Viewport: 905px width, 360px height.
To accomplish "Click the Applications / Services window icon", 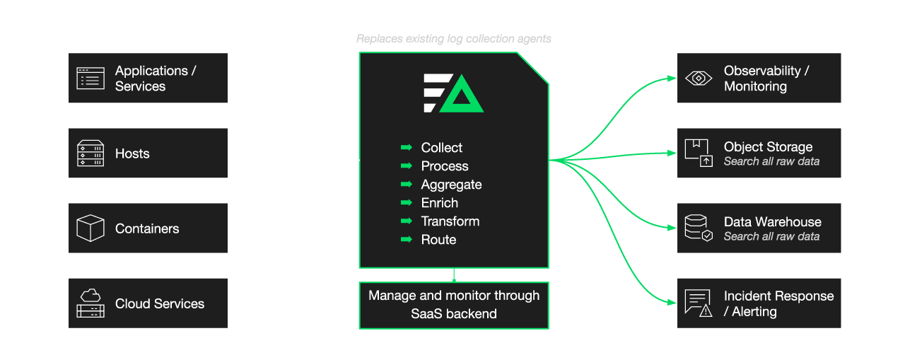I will point(90,78).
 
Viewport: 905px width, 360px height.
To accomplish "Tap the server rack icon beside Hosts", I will point(90,153).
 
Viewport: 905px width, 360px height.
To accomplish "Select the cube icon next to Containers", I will point(90,228).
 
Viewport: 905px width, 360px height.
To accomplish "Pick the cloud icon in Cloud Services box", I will point(90,296).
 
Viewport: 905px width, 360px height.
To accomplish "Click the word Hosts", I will point(132,153).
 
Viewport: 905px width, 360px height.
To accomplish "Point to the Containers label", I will point(147,228).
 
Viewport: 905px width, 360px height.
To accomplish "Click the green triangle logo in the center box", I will point(462,94).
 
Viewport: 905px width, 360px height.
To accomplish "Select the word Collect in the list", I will point(442,148).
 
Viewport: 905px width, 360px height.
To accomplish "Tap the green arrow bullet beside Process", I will point(407,166).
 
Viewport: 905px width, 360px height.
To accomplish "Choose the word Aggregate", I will point(451,185).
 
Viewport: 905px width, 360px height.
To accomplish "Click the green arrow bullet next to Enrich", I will point(407,203).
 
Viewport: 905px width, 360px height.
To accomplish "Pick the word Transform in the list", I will point(450,221).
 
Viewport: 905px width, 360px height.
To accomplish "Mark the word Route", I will point(438,240).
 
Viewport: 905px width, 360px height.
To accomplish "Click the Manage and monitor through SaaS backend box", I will point(454,305).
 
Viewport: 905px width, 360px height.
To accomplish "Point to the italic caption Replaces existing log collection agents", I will point(454,39).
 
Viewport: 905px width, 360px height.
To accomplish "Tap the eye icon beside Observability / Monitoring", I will point(699,78).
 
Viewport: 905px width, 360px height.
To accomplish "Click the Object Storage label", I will point(768,147).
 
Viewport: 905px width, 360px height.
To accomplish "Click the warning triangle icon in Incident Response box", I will point(705,310).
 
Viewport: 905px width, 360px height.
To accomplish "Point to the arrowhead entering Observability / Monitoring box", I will point(672,78).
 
